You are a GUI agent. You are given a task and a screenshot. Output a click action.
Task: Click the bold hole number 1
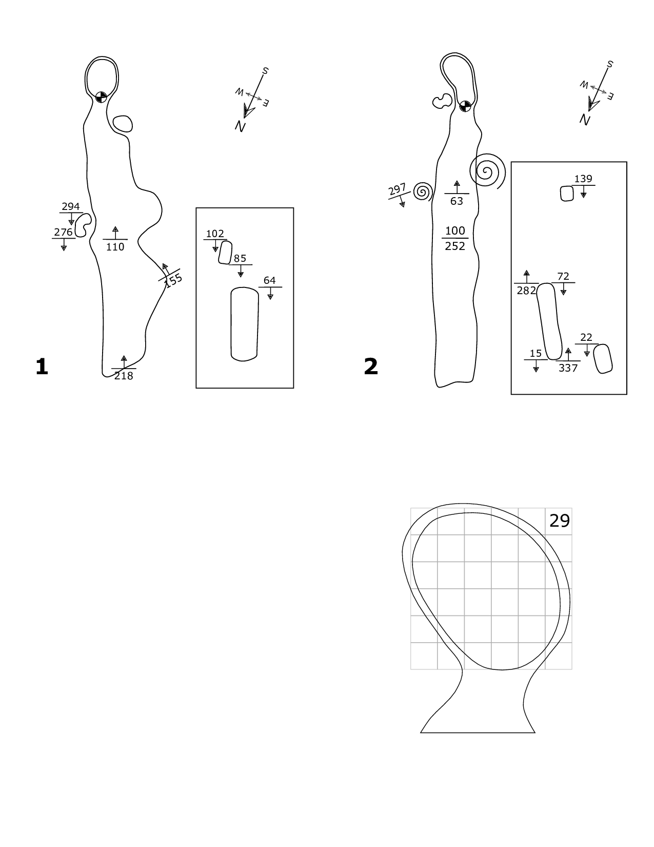tap(42, 367)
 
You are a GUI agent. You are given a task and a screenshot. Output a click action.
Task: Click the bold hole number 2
tap(370, 367)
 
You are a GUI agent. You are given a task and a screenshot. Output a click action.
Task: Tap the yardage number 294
tap(71, 207)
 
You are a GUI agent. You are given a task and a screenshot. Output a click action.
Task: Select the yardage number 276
tap(64, 232)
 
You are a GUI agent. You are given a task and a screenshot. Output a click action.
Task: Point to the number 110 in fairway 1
tap(115, 247)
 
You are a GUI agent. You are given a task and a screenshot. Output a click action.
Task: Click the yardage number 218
tap(124, 376)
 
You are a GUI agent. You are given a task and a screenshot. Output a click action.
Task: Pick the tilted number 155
tap(174, 280)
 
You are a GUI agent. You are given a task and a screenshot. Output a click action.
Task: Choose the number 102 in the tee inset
tap(215, 234)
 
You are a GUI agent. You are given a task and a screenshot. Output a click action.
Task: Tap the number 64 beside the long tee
tap(269, 280)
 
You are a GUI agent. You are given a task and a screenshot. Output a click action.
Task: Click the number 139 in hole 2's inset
tap(583, 179)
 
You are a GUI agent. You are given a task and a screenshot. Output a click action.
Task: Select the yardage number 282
tap(526, 291)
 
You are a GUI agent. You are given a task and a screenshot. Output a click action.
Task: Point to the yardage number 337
tap(568, 368)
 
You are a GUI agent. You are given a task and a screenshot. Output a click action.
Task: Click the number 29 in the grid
tap(560, 521)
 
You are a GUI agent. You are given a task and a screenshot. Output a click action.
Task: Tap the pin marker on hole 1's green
tap(101, 97)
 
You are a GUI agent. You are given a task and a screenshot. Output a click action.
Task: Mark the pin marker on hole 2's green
tap(465, 106)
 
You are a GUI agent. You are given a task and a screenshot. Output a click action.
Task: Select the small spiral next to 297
tap(422, 192)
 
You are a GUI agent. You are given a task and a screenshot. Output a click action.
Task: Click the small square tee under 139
tap(567, 194)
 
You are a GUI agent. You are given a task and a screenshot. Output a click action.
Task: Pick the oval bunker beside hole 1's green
tap(123, 124)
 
